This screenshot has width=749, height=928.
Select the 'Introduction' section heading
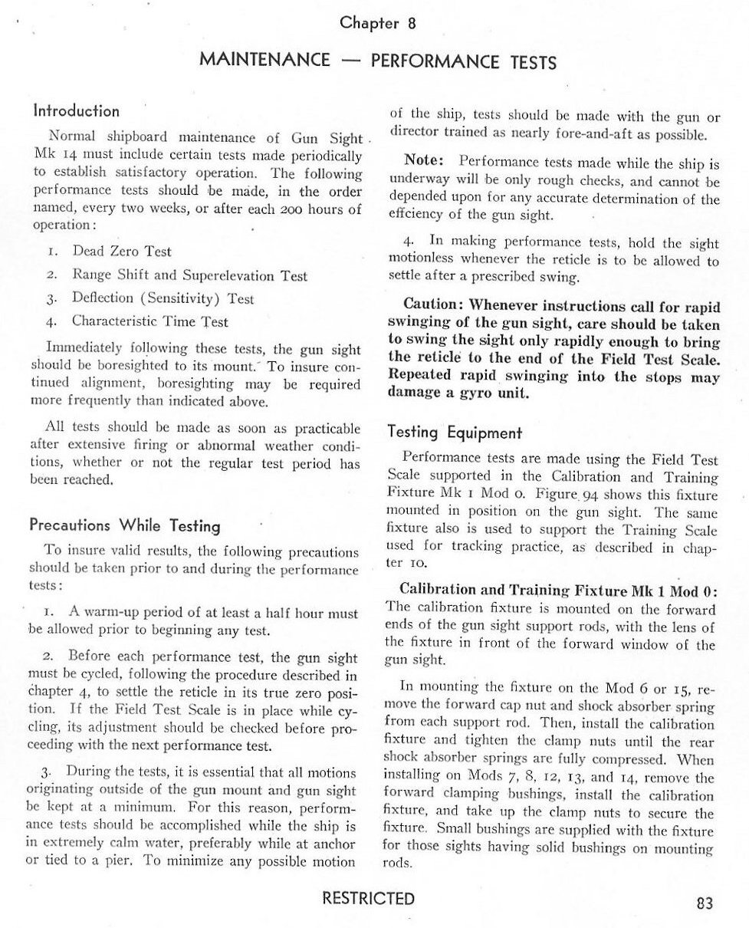[76, 111]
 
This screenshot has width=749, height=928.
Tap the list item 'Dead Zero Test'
[122, 252]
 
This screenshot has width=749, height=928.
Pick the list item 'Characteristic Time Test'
[150, 322]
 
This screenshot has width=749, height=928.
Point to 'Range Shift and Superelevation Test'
[189, 275]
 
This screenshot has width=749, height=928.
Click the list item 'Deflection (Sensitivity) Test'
[163, 298]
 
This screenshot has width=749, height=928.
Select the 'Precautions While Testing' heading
[125, 526]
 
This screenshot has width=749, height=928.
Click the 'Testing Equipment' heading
[455, 433]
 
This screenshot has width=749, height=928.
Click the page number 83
[705, 903]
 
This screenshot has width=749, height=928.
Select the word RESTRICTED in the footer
[369, 899]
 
